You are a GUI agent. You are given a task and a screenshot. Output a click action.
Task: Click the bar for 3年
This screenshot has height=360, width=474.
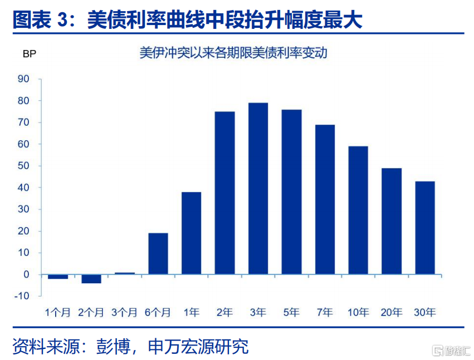point(258,189)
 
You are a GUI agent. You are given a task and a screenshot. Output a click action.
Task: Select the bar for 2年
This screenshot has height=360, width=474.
point(224,193)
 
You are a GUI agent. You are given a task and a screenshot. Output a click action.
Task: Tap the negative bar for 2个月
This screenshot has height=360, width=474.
point(91,279)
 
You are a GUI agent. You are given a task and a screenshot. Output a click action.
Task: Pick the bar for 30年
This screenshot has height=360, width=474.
point(425,228)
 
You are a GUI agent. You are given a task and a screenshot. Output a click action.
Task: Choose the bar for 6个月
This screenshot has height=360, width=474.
point(158,254)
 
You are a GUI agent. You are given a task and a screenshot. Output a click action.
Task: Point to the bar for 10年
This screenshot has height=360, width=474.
point(358,210)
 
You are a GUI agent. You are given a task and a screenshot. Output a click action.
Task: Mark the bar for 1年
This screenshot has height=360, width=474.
point(192,233)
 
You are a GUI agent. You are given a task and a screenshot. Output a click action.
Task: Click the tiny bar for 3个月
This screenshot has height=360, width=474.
point(125,273)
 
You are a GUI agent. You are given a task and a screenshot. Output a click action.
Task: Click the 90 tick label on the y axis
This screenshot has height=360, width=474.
point(23,79)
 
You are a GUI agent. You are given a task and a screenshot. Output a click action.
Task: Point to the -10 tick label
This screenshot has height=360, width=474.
point(22,295)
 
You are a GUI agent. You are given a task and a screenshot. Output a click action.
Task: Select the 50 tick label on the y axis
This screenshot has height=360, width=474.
point(23,166)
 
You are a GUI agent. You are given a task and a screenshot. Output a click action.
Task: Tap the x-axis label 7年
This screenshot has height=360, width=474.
point(325,312)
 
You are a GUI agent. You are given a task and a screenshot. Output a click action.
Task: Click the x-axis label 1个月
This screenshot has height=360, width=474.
point(58,312)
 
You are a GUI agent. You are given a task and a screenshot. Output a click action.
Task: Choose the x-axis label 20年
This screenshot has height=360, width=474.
point(392,312)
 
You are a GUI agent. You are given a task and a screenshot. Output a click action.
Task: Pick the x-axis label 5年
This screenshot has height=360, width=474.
point(291,312)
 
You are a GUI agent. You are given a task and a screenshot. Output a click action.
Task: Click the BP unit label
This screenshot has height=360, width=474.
point(30,54)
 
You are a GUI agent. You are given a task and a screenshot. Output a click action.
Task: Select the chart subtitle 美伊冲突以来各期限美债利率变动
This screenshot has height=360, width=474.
point(233,53)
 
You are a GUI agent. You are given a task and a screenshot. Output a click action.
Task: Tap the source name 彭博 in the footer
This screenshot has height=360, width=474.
point(114,347)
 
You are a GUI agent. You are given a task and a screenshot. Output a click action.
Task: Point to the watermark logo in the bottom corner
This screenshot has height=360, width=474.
point(451,351)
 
